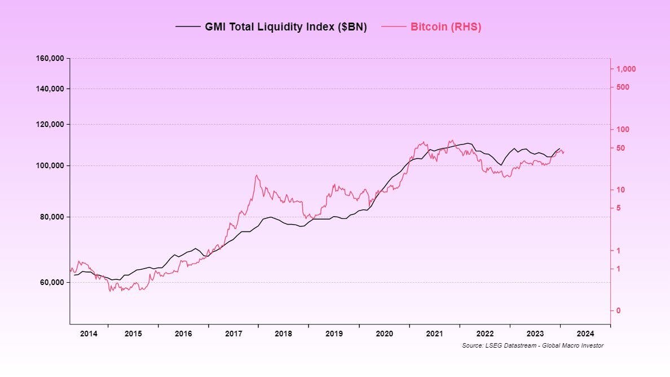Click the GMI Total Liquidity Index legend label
pyautogui.click(x=286, y=27)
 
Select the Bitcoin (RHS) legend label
pyautogui.click(x=446, y=27)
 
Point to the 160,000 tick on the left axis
pyautogui.click(x=50, y=58)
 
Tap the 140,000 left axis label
pyautogui.click(x=50, y=89)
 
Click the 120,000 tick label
pyautogui.click(x=50, y=124)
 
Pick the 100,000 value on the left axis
pyautogui.click(x=50, y=165)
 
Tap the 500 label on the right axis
pyautogui.click(x=622, y=87)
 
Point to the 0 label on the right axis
pyautogui.click(x=618, y=310)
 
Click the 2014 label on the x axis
pyautogui.click(x=89, y=334)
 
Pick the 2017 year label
pyautogui.click(x=233, y=334)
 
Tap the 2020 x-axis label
pyautogui.click(x=384, y=334)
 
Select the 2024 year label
pyautogui.click(x=585, y=334)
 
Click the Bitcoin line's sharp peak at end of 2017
pyautogui.click(x=257, y=176)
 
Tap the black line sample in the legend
pyautogui.click(x=188, y=27)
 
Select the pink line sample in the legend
pyautogui.click(x=394, y=27)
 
